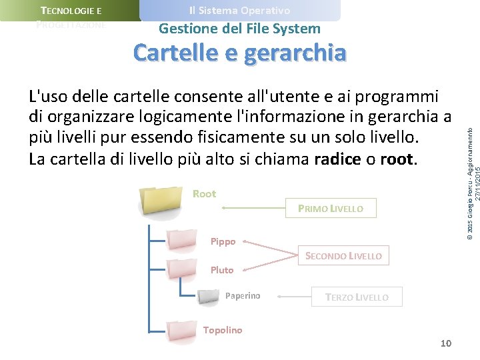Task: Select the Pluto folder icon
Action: tap(182, 268)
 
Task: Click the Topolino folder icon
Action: tap(182, 331)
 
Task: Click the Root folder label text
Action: tap(204, 194)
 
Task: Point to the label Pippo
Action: tap(223, 241)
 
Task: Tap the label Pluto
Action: tap(222, 270)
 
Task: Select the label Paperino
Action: tap(243, 296)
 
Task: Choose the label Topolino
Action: tap(223, 330)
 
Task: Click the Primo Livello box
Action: tap(331, 209)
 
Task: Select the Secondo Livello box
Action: tap(343, 255)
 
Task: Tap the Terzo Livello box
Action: tap(357, 297)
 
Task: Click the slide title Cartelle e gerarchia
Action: tap(240, 52)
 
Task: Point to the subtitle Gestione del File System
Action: tap(240, 29)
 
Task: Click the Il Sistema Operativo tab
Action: tap(240, 11)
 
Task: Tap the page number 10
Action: tap(446, 343)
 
